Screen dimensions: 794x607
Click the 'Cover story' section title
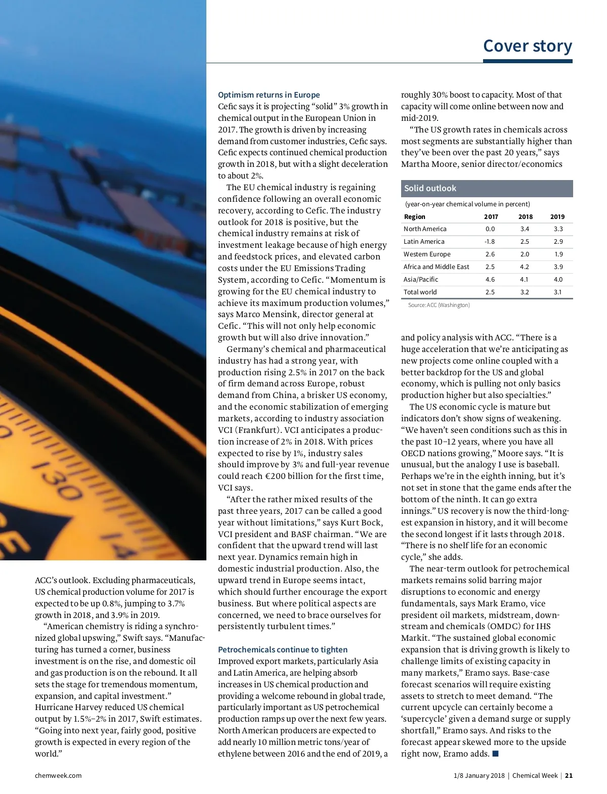[527, 46]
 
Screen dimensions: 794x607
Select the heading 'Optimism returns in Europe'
[269, 95]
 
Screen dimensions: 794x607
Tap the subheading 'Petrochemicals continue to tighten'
[283, 649]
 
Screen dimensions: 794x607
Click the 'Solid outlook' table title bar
[487, 188]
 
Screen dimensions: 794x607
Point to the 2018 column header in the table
[525, 216]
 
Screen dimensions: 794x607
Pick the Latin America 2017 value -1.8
[490, 242]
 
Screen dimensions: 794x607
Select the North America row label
[425, 229]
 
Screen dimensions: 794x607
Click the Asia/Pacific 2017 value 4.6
[490, 279]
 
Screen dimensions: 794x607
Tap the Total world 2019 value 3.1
[557, 292]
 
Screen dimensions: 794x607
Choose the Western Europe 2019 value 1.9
[558, 254]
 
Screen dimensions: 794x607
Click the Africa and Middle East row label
[436, 267]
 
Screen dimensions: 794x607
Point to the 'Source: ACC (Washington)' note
[439, 305]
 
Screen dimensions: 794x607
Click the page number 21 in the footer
[569, 775]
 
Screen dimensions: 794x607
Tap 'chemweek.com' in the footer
[58, 775]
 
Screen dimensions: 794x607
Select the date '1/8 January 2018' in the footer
[479, 775]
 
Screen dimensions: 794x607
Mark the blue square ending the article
[495, 754]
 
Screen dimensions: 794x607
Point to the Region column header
[414, 216]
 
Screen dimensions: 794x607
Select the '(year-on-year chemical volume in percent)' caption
[467, 204]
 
